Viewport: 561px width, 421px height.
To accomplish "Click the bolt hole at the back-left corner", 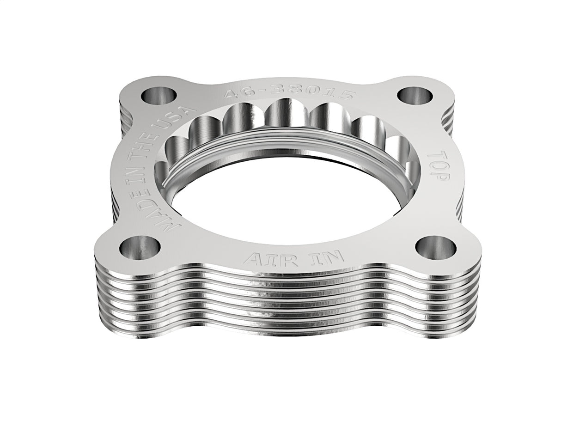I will (x=159, y=96).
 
